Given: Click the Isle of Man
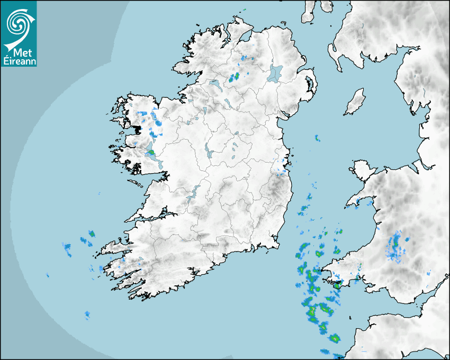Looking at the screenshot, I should pyautogui.click(x=355, y=102).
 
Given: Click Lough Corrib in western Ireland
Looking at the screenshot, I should pyautogui.click(x=151, y=151).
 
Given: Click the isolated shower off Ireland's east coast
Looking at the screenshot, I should pyautogui.click(x=317, y=138).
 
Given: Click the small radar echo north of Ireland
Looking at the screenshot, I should pyautogui.click(x=244, y=10).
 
